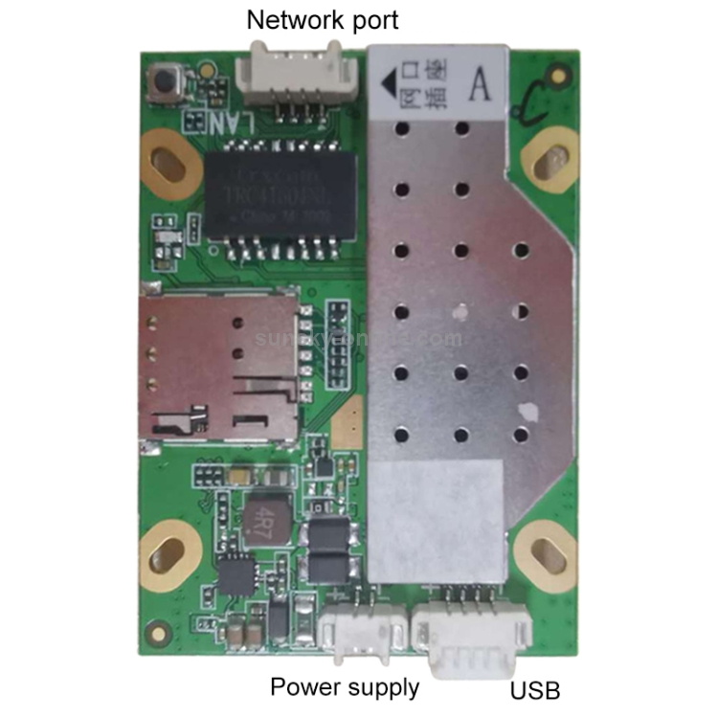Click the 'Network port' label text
click(x=323, y=19)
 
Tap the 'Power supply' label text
click(x=344, y=686)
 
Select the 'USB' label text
click(x=535, y=690)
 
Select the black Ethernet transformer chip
click(x=280, y=195)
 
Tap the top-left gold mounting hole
click(x=170, y=155)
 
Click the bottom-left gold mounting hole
click(x=169, y=553)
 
